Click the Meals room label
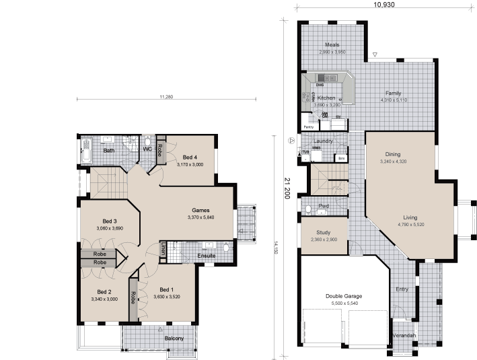point(332,44)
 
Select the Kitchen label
point(326,98)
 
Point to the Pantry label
point(309,127)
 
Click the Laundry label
point(323,141)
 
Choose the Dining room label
point(393,154)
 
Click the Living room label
point(410,217)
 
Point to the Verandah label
point(404,335)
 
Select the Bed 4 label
point(190,157)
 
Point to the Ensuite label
point(207,256)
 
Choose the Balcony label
point(174,338)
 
